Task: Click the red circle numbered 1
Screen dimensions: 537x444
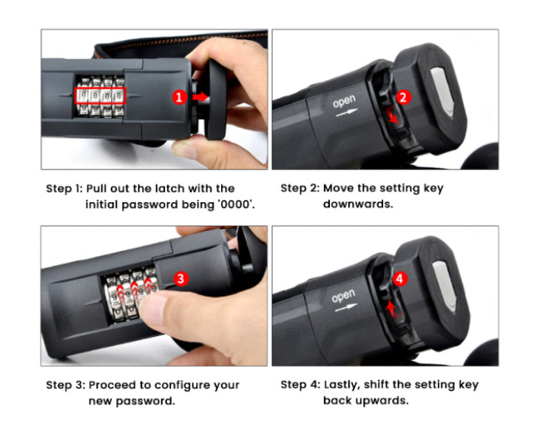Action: [179, 97]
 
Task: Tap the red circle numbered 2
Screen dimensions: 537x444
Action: [403, 97]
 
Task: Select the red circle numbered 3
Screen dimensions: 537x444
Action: [180, 279]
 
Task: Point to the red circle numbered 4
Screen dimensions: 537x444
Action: [399, 279]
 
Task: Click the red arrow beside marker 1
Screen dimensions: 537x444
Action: [200, 97]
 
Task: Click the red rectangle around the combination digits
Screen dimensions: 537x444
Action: [101, 95]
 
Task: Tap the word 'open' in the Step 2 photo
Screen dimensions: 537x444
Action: [344, 101]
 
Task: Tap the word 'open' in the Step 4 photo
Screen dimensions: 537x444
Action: [342, 296]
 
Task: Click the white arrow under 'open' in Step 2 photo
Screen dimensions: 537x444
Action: [347, 112]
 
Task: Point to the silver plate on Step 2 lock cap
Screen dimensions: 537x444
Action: [442, 92]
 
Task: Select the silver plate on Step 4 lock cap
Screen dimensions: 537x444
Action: [445, 286]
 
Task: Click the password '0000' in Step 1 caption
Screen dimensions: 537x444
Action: [236, 204]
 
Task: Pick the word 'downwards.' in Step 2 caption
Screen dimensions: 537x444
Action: [358, 204]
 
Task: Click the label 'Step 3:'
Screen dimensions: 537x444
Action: [65, 385]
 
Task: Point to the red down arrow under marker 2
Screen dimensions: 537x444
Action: [393, 115]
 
